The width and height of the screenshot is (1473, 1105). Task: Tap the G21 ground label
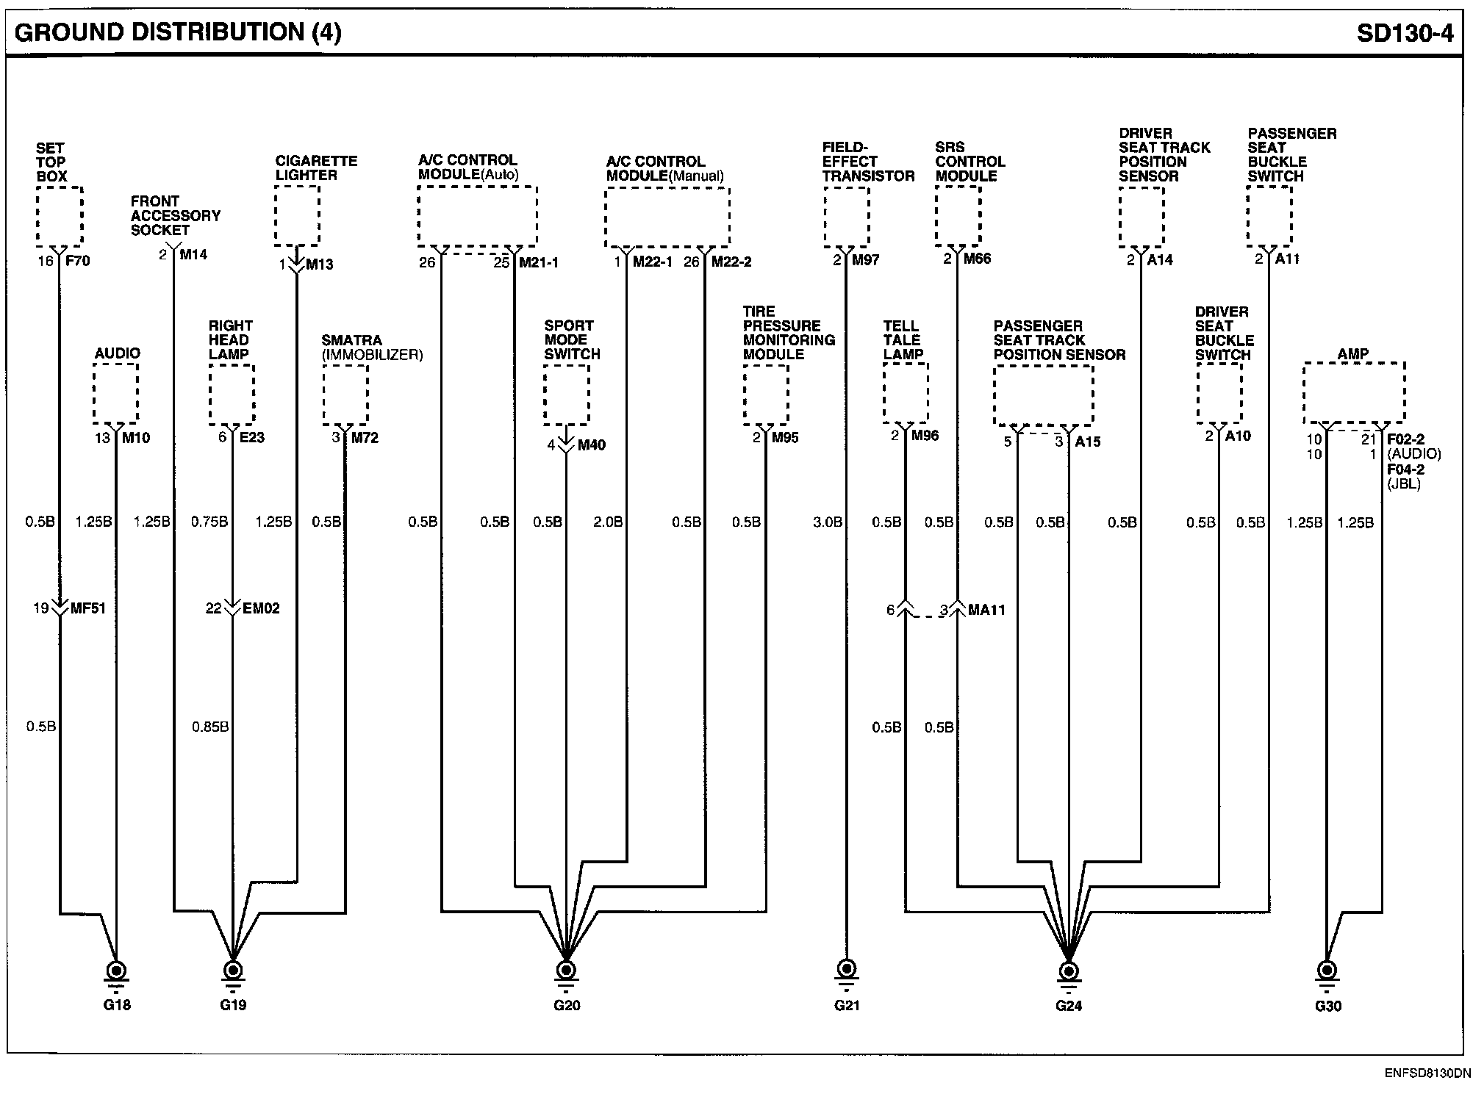pos(847,1005)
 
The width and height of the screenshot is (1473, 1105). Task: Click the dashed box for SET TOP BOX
pos(60,216)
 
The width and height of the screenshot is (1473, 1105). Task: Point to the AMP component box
pos(1354,393)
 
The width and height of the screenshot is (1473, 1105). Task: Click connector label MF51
pos(87,608)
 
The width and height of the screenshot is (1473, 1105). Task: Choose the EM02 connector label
pos(261,608)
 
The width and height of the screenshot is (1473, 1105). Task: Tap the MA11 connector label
pos(986,610)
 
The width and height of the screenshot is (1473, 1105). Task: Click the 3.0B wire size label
pos(827,522)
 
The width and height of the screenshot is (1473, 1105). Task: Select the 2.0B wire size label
pos(608,522)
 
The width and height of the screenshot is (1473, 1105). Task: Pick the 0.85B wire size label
pos(210,727)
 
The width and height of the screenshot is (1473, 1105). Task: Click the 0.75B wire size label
pos(209,522)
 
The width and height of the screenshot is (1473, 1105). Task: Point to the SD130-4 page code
pos(1405,34)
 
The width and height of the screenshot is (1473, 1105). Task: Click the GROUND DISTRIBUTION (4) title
pos(177,33)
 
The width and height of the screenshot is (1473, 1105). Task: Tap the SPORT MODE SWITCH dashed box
pos(567,395)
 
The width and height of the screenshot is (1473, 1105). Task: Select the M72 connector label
pos(365,438)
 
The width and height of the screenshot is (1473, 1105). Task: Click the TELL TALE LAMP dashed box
pos(906,393)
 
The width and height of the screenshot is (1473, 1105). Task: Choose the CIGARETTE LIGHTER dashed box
pos(297,215)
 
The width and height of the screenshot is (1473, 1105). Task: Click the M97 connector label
pos(865,260)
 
